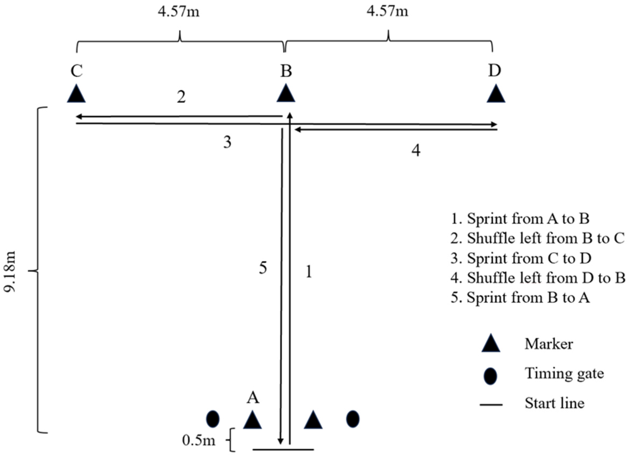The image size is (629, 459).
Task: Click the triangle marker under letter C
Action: click(76, 95)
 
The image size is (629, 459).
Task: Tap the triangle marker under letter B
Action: click(286, 95)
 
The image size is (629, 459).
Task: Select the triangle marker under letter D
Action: click(496, 95)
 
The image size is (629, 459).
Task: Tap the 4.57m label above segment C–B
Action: click(179, 12)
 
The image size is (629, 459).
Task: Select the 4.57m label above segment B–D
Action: click(387, 12)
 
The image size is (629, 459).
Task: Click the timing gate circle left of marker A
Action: click(213, 419)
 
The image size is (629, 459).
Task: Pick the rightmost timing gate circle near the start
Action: click(353, 419)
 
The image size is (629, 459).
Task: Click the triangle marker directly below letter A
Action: click(252, 420)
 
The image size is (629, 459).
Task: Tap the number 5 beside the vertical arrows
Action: click(263, 268)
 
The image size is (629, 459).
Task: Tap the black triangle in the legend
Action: click(491, 344)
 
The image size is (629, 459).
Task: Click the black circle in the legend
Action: click(491, 376)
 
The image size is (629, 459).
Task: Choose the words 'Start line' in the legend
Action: click(554, 403)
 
